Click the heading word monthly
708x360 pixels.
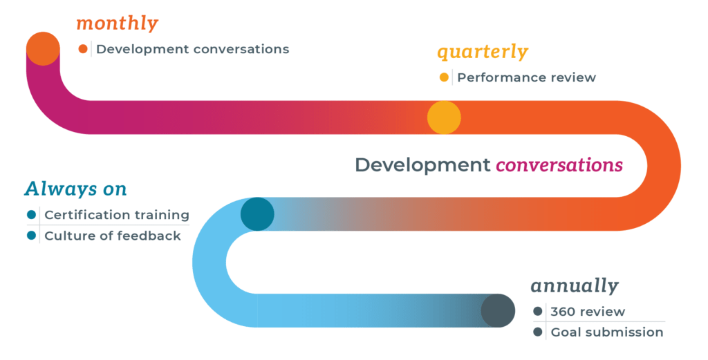click(x=117, y=23)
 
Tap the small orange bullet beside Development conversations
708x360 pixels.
click(x=83, y=49)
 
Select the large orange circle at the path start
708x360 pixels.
click(x=43, y=48)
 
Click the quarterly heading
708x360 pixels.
click(x=482, y=52)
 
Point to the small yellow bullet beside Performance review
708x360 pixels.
click(x=444, y=77)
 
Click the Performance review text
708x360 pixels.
click(x=526, y=77)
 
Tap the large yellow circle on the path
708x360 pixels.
click(x=444, y=117)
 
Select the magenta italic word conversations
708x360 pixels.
click(x=559, y=165)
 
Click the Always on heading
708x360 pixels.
click(x=75, y=189)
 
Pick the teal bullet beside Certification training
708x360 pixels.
click(x=31, y=215)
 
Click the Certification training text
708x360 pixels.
click(x=116, y=215)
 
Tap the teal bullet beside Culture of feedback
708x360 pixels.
click(x=31, y=236)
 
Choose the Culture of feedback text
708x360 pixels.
click(x=113, y=236)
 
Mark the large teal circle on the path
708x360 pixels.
click(x=257, y=214)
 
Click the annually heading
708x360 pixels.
click(x=574, y=285)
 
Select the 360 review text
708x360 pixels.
click(x=588, y=312)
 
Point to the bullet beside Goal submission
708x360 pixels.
click(x=538, y=332)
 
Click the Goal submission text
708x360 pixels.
click(x=606, y=332)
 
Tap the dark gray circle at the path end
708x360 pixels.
click(x=498, y=310)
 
